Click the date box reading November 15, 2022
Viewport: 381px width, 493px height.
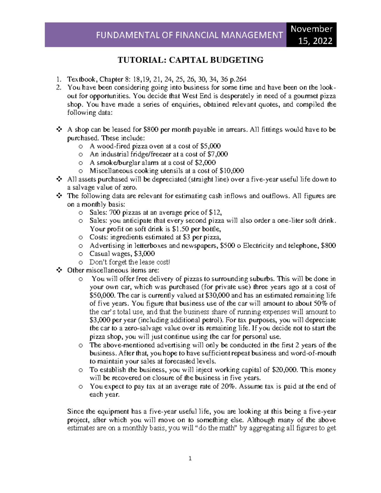[311, 35]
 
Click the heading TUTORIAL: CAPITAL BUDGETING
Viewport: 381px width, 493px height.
[190, 60]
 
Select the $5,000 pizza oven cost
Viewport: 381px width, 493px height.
[211, 146]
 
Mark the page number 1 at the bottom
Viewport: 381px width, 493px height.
[190, 458]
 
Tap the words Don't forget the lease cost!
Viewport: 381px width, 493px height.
[130, 262]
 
